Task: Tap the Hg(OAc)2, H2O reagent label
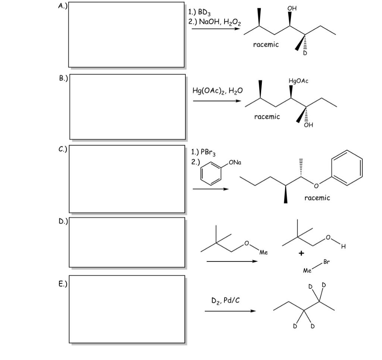coord(217,91)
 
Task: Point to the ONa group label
coord(235,162)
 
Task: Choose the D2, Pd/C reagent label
coord(225,301)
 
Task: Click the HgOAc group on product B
coord(298,81)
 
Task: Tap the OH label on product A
coord(292,8)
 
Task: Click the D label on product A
coord(305,53)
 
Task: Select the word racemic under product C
coord(317,198)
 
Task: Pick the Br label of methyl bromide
coord(326,262)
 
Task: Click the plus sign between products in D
coord(301,253)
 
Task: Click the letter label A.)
coord(63,6)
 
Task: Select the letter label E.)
coord(63,284)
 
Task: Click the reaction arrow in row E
coord(230,311)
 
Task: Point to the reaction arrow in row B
coord(217,101)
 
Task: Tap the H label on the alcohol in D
coord(344,247)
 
